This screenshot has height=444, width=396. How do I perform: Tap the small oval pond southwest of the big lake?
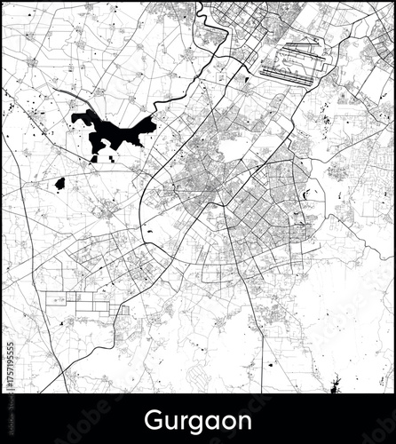tap(59, 184)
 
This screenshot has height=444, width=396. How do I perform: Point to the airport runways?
tap(287, 63)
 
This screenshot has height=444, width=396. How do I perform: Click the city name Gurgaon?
tap(198, 418)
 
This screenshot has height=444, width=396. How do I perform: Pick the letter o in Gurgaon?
tap(227, 419)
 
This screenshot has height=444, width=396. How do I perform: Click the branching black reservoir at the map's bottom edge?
tap(334, 386)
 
